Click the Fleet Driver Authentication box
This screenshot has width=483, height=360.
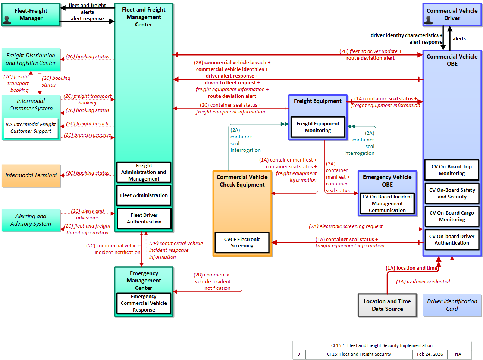click(144, 218)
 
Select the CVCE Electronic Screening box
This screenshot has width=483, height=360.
click(242, 242)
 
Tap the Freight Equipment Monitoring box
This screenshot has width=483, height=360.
click(318, 127)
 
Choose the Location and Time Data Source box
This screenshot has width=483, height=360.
click(387, 305)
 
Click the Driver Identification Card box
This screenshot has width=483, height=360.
click(452, 305)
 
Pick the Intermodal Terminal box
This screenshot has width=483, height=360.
click(31, 175)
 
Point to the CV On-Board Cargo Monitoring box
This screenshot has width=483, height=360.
click(452, 216)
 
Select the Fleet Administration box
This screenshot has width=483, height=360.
click(144, 195)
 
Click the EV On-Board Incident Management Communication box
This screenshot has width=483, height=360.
click(387, 203)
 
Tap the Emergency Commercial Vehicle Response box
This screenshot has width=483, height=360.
click(144, 303)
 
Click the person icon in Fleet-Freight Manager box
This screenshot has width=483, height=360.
click(7, 20)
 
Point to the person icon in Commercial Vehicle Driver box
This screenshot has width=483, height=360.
click(428, 20)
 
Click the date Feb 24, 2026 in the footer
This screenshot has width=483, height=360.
click(430, 354)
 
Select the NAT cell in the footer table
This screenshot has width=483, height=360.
click(459, 354)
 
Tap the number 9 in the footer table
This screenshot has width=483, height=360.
click(299, 354)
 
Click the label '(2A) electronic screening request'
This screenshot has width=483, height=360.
click(345, 226)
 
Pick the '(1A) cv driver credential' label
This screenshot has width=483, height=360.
click(423, 281)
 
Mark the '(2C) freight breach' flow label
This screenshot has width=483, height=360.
click(87, 123)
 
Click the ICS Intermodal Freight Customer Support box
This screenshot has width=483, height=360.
click(31, 128)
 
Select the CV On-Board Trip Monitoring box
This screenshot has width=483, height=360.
click(452, 170)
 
